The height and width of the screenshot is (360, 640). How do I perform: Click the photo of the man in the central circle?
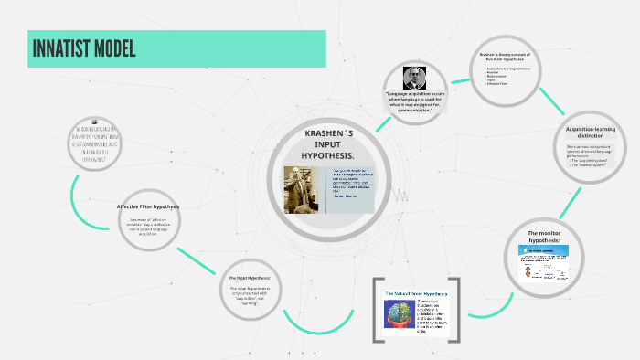pos(301,190)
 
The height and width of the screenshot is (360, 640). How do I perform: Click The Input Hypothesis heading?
pos(250,277)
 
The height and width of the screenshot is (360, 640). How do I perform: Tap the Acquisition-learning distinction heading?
pos(588,132)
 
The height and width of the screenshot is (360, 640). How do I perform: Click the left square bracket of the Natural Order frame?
pos(377,306)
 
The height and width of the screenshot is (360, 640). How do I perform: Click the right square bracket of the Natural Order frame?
pos(453,306)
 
